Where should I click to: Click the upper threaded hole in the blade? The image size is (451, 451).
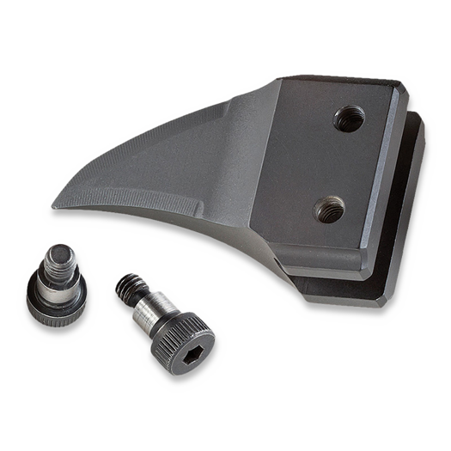pos(348,118)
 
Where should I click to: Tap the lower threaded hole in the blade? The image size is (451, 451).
pos(329,208)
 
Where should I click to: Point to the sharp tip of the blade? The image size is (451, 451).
pos(53,206)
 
